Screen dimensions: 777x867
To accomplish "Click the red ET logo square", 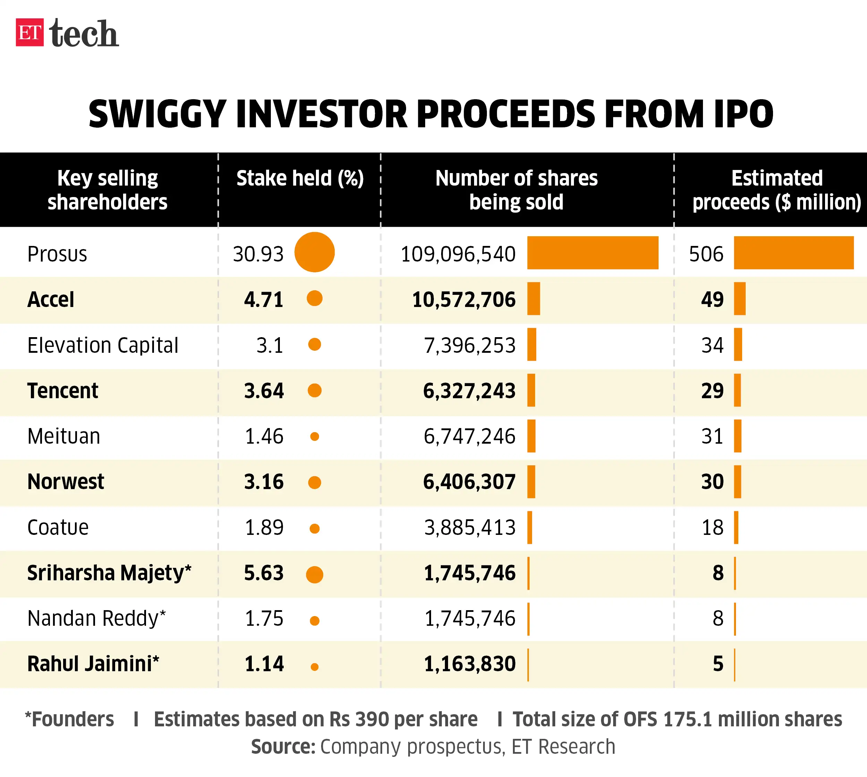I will (29, 33).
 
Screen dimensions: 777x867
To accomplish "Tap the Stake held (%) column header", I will (300, 178).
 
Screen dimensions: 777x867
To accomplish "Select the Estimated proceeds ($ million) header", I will (776, 190).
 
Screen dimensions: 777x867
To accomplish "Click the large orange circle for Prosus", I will (314, 252).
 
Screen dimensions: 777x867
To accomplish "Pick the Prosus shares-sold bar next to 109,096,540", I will (593, 253).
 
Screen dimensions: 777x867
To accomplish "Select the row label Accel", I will (50, 299).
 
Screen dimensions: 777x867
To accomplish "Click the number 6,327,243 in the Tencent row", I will (469, 391).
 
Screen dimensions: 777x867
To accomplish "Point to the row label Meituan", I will (63, 436).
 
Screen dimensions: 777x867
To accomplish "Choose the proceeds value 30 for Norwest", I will (712, 481).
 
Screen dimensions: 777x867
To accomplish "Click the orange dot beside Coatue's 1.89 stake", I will (315, 529).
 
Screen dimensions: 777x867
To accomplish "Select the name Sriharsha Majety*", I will (109, 573).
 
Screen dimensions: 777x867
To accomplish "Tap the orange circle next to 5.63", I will (315, 575).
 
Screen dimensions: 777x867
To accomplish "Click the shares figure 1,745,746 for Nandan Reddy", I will (470, 618).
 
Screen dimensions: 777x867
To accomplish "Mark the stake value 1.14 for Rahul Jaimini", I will (264, 664).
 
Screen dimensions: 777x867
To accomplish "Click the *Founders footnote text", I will (70, 719).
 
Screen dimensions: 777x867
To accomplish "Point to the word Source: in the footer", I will (283, 747).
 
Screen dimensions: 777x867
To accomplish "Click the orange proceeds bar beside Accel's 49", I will (739, 299).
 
